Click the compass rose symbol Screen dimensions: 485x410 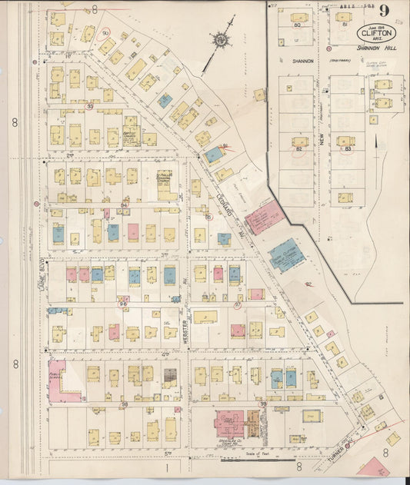[222, 39]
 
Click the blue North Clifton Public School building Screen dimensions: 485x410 [287, 254]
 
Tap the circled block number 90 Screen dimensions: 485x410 [105, 33]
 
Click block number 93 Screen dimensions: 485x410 [90, 107]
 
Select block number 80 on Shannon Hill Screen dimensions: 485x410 [297, 25]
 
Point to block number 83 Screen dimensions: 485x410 [348, 148]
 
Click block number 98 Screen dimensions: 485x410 [124, 403]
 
